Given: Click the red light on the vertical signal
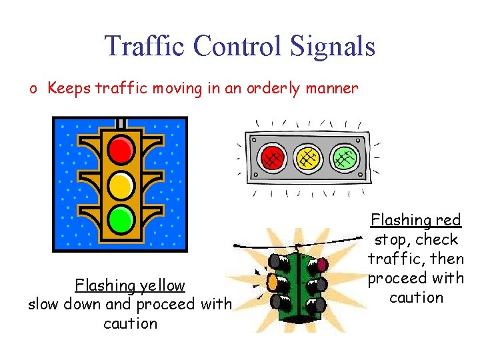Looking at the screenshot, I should [121, 150].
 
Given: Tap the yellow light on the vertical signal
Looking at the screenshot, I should [121, 184].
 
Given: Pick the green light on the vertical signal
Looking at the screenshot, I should [121, 217].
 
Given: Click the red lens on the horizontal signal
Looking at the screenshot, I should [271, 158].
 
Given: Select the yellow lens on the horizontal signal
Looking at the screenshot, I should [308, 158].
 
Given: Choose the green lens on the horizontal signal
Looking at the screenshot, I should [345, 158].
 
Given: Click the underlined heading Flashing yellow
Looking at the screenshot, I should [130, 285].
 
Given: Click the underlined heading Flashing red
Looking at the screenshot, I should [415, 220].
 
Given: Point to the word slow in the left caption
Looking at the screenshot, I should [43, 305].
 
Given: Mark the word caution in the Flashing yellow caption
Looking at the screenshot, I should [130, 324].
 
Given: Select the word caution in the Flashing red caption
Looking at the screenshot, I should [416, 297].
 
